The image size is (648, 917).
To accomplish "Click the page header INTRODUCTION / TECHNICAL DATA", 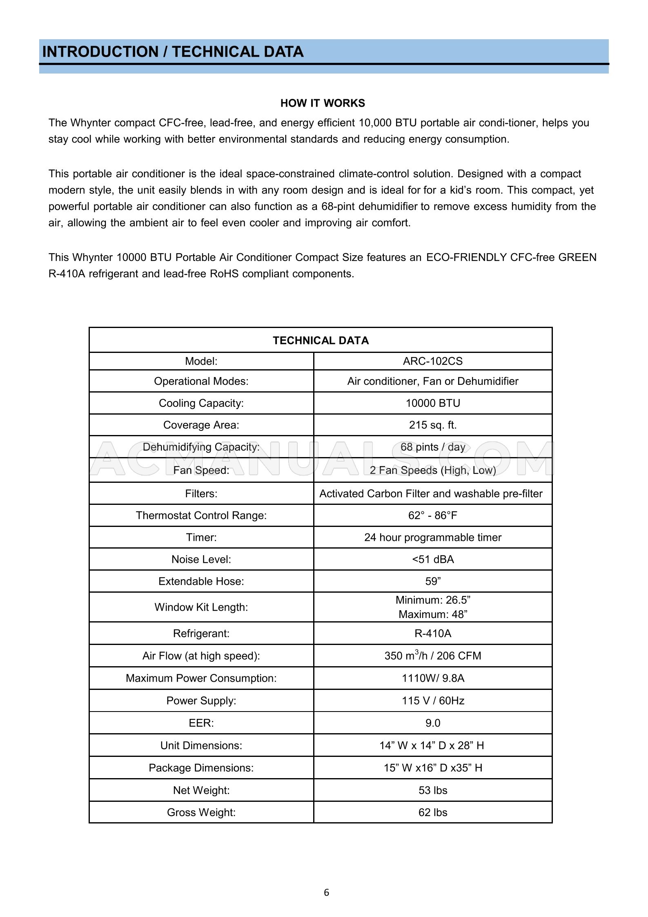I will (173, 52).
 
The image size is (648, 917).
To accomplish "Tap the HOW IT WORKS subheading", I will (323, 103).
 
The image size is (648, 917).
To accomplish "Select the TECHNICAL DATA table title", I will (321, 341).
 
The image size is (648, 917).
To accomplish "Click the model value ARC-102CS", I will (432, 361).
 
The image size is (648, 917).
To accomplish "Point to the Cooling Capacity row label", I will (201, 403).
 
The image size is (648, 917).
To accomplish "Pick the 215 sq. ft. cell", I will (432, 425).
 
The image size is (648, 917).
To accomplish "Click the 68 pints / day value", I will (432, 447).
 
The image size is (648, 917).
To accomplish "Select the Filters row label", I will (201, 494).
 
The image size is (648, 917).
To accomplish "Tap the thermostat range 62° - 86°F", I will (432, 515).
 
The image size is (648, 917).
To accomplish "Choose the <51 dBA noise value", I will (432, 559).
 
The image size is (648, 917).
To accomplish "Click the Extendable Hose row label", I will (201, 581).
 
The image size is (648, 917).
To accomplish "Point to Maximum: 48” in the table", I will (432, 614).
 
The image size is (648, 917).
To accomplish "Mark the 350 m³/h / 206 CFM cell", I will (432, 656).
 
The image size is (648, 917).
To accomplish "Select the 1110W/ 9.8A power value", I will (432, 678).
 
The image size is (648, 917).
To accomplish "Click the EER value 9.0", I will (432, 723).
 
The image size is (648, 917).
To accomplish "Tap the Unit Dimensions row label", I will (201, 745).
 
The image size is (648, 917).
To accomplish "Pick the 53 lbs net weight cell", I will (432, 790).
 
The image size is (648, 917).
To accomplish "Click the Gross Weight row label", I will (201, 812).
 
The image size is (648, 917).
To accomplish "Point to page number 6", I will (326, 893).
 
